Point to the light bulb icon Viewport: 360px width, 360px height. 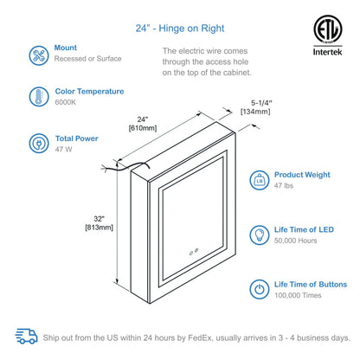259,234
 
